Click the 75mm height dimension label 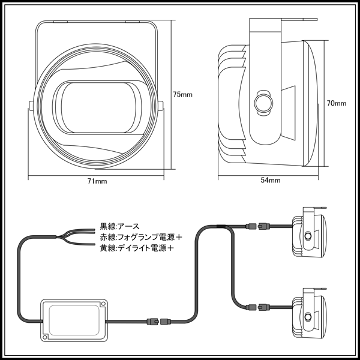[x=182, y=95]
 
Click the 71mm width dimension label [x=97, y=181]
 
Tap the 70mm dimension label [x=337, y=103]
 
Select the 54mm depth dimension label [x=270, y=180]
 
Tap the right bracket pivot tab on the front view [x=161, y=107]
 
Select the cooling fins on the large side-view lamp [x=231, y=102]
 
